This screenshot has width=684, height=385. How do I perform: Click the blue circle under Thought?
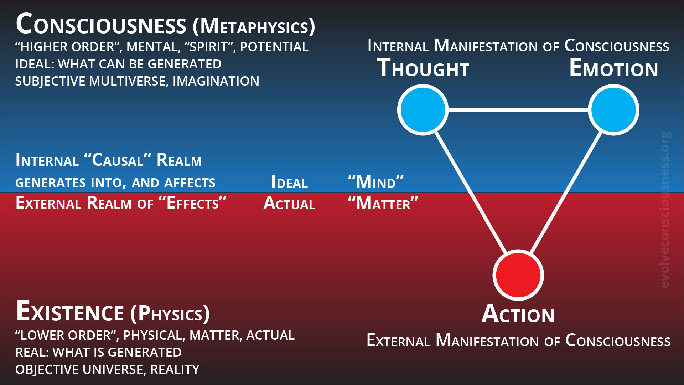tap(423, 110)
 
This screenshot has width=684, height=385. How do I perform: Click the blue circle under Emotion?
tap(613, 110)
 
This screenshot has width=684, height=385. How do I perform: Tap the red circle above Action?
tap(518, 275)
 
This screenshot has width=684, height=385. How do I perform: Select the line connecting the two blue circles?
tap(518, 110)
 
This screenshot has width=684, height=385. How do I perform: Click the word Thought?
tap(423, 68)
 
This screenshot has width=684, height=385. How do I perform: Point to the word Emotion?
tap(613, 68)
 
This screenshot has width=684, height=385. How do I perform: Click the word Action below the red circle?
tap(518, 314)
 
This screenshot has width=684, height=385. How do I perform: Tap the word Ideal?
tap(289, 183)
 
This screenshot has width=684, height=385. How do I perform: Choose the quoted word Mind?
tap(375, 183)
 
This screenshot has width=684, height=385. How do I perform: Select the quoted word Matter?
tap(383, 204)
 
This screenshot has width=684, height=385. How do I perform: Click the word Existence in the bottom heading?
tap(70, 312)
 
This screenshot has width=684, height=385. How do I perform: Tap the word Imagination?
tap(216, 81)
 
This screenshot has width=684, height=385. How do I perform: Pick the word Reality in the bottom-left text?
tap(175, 370)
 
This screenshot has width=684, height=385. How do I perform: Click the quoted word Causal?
tap(118, 160)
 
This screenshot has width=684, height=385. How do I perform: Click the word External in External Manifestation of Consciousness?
tap(398, 341)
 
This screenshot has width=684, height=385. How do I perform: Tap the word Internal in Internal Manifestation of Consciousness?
tap(398, 47)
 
